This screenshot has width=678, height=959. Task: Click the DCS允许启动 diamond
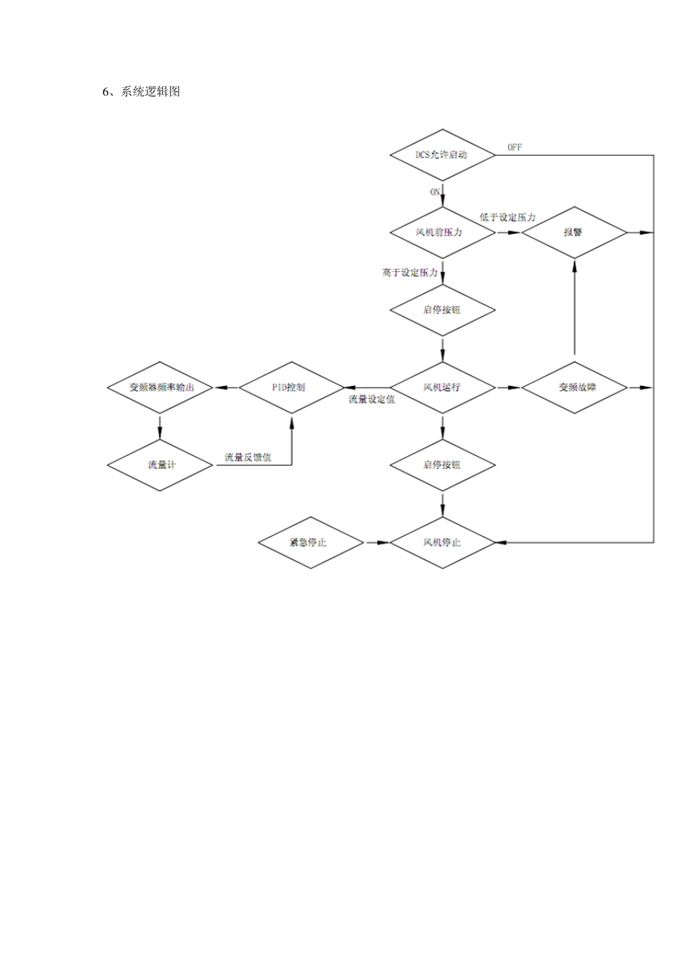(442, 155)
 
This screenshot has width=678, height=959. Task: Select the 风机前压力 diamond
(442, 233)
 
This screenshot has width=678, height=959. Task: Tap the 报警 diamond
(574, 233)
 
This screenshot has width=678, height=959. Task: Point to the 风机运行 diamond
(442, 387)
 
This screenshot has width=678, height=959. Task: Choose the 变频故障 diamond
(574, 387)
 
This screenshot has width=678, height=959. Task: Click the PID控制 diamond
(291, 387)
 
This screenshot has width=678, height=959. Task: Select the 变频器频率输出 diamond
(161, 387)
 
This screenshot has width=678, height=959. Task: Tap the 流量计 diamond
(161, 465)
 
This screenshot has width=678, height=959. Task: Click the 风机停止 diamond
(442, 542)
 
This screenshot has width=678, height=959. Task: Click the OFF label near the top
(515, 147)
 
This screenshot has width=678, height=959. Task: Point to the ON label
(435, 192)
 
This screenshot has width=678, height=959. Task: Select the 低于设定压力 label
(507, 217)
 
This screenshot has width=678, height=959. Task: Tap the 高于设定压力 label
(410, 273)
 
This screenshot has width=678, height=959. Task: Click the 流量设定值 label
(372, 400)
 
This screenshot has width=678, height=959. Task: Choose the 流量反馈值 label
(248, 457)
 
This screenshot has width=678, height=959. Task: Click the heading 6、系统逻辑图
(141, 91)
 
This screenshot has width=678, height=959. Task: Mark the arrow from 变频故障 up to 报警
(574, 307)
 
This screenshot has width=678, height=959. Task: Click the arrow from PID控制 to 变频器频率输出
(226, 387)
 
